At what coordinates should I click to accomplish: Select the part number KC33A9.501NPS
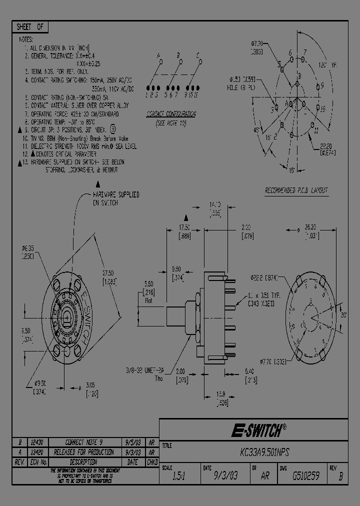tap(264, 452)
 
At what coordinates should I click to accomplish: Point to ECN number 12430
tap(37, 442)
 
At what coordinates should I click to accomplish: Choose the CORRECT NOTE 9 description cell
tap(84, 442)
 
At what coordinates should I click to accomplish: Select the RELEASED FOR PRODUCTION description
tap(84, 452)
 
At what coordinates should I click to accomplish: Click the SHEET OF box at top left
tap(29, 26)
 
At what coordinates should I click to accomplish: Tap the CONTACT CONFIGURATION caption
tap(171, 114)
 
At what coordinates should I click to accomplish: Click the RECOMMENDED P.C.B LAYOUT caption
tap(296, 190)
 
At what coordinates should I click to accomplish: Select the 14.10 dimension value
tap(214, 205)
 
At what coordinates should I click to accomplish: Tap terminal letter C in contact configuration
tap(198, 54)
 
